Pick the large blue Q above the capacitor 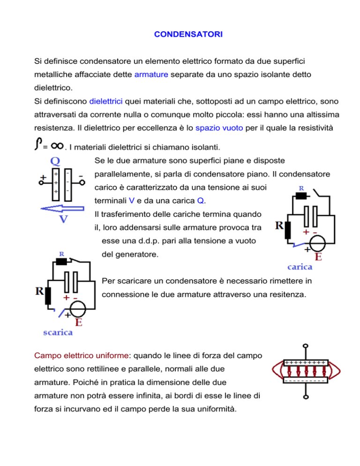tap(55, 162)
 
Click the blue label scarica tap(58, 332)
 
